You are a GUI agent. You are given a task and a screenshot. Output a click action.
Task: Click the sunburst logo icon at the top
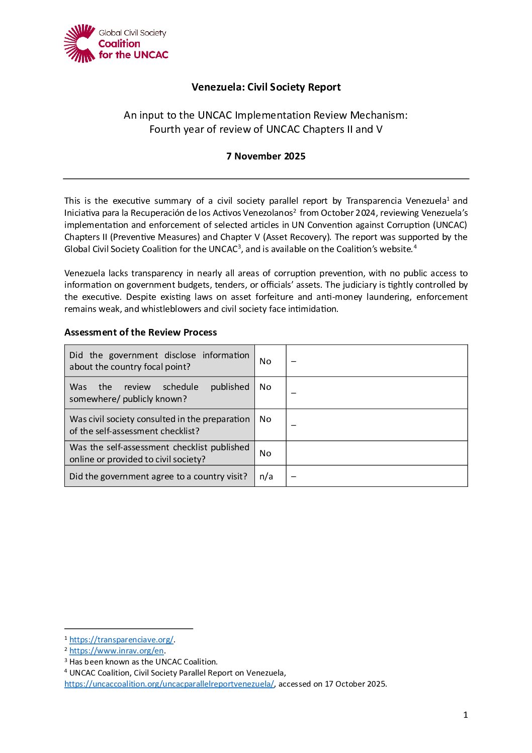(79, 43)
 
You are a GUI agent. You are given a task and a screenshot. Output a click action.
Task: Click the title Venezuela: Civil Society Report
(266, 87)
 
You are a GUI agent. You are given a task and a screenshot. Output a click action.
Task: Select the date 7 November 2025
(266, 156)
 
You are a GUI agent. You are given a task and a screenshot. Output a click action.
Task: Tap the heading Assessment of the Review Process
(141, 332)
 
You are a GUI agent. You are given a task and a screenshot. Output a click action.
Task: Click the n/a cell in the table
(266, 476)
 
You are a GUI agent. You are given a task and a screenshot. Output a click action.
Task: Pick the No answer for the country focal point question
(265, 361)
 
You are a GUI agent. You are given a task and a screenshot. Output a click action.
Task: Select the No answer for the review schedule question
(265, 387)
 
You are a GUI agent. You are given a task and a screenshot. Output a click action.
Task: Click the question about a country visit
(158, 476)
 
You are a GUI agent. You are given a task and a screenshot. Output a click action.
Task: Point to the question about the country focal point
(159, 361)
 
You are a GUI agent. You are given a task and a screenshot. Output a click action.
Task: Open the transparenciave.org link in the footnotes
(121, 640)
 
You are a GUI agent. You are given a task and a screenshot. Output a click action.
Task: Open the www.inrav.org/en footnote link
(117, 651)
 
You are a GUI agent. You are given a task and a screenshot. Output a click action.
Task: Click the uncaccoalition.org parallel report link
(169, 684)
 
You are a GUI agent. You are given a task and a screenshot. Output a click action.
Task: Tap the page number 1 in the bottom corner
(465, 715)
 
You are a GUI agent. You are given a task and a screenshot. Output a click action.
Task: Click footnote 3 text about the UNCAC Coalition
(143, 662)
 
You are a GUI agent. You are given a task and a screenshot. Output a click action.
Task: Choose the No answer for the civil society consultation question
(265, 419)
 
